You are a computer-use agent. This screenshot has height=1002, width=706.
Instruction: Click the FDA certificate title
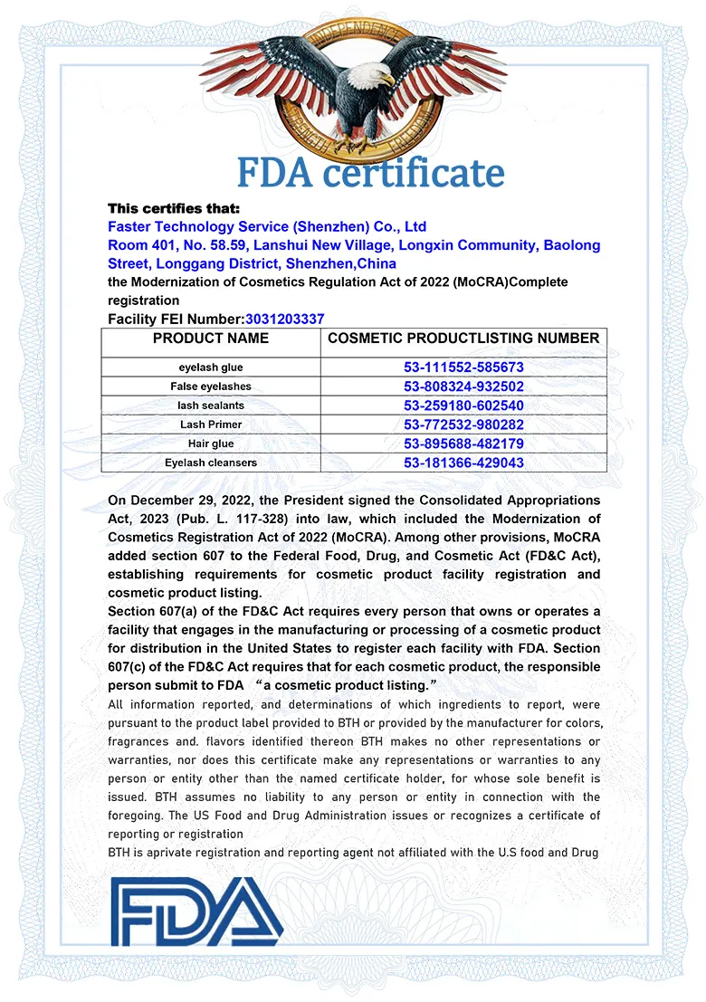tap(370, 172)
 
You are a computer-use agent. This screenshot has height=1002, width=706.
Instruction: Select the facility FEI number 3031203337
tap(284, 319)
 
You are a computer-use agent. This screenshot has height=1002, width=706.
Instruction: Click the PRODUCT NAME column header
tap(211, 339)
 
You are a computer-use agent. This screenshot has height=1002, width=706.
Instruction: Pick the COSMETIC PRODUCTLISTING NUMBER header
tap(463, 339)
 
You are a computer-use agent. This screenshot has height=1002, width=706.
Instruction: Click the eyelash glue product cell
tap(211, 367)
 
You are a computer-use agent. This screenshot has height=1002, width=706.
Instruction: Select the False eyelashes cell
tap(211, 386)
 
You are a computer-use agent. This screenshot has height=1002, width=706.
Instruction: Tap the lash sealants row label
tap(211, 406)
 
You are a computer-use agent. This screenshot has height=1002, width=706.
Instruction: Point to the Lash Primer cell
tap(211, 425)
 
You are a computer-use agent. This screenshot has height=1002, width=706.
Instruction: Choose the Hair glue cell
tap(211, 444)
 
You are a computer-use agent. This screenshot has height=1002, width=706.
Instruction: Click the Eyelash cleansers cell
tap(211, 463)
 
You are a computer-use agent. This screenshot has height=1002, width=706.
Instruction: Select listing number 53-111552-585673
tap(463, 367)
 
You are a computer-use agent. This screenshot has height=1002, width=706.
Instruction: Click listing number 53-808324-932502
tap(463, 386)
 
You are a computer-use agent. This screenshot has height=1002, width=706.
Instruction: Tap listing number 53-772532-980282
tap(463, 425)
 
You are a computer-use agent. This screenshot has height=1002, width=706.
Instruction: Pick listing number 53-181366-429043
tap(463, 463)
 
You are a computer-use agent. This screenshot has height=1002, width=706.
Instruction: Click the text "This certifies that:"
tap(174, 208)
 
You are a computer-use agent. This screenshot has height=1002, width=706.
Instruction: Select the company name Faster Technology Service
tap(267, 226)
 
